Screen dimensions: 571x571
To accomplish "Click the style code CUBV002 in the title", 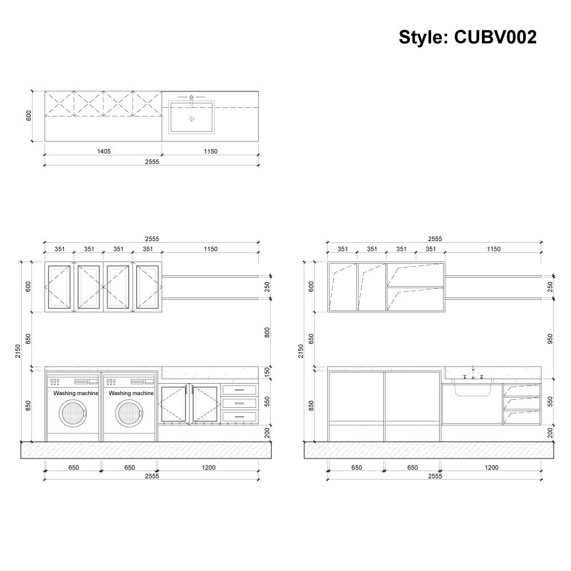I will (495, 38).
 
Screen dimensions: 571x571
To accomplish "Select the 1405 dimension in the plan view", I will (103, 151).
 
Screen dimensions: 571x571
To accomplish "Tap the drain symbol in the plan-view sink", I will (191, 119).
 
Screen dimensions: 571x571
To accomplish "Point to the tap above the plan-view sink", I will (191, 98).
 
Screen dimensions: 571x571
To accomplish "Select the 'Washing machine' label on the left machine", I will (76, 393).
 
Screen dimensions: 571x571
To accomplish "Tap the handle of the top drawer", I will (240, 390).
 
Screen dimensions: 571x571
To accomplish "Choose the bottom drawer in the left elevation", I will (240, 416).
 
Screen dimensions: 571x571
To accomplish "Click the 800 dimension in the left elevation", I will (267, 332).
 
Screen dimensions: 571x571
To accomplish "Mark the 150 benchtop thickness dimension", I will (267, 373).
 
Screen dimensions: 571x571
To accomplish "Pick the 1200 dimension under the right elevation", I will (491, 468).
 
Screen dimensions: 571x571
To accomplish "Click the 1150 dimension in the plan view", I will (210, 151).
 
